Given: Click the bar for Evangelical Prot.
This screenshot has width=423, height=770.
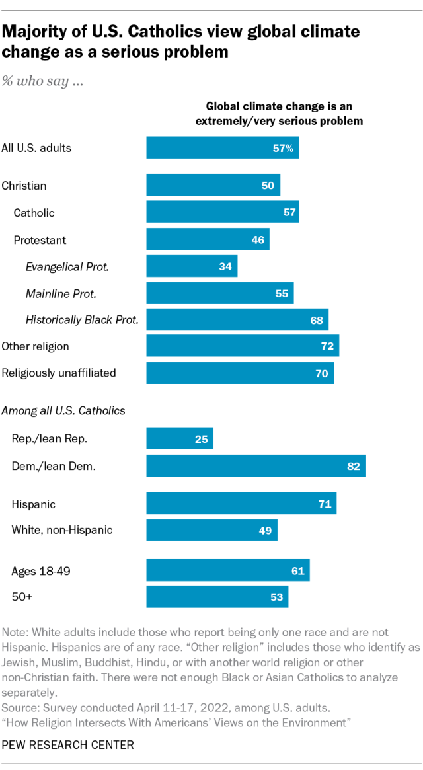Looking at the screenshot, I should [x=192, y=266].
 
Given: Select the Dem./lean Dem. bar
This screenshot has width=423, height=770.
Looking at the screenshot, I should [x=256, y=465].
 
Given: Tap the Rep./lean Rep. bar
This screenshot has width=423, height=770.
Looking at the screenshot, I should [x=180, y=438].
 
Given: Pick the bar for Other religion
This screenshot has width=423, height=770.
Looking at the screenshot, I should [x=243, y=346].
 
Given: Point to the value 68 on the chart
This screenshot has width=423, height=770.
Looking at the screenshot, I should [x=317, y=321].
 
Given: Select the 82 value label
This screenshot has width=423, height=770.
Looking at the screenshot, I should [x=354, y=466].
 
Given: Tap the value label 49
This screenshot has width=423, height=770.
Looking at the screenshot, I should [x=265, y=530].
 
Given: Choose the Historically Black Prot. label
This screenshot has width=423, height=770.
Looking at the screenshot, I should [x=82, y=319].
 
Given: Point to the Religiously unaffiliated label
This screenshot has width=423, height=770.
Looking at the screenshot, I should [x=59, y=373].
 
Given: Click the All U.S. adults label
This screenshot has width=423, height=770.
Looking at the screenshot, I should [x=36, y=147].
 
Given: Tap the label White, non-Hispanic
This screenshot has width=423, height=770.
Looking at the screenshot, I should [x=62, y=529].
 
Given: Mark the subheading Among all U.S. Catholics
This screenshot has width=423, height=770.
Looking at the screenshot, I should [x=63, y=410].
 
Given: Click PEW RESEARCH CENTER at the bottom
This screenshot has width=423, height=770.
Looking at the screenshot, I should [x=67, y=745].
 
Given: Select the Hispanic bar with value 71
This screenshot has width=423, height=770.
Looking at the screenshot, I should [x=241, y=504].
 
